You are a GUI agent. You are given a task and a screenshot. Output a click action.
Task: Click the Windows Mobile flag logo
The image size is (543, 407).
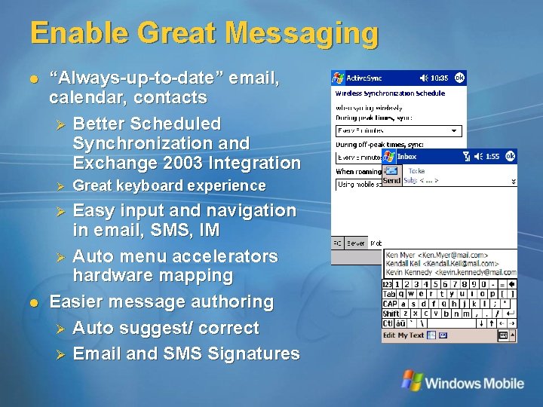(411, 380)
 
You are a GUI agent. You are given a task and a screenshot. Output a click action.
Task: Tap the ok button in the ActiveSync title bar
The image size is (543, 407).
(459, 77)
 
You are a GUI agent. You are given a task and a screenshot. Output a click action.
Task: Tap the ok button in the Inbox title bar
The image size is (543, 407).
(510, 156)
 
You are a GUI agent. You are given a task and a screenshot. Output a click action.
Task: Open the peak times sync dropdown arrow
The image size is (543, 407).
(453, 130)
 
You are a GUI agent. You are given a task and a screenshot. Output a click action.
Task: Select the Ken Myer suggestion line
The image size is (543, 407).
(436, 255)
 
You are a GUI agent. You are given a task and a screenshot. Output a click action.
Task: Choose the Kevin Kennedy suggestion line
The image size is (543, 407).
(450, 273)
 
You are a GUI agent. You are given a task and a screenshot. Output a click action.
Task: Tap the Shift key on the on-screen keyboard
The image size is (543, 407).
(391, 314)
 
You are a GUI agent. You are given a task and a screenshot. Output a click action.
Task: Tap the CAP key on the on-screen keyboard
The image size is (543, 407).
(390, 304)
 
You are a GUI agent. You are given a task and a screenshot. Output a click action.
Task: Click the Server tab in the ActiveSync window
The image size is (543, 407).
(356, 243)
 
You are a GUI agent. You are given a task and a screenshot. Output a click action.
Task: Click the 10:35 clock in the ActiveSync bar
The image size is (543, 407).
(438, 78)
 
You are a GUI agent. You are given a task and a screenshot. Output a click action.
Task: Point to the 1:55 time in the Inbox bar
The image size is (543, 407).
(492, 157)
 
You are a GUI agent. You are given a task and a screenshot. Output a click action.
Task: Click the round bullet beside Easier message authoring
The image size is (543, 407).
(33, 302)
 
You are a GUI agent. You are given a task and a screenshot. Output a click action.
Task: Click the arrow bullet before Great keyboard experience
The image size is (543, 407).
(62, 185)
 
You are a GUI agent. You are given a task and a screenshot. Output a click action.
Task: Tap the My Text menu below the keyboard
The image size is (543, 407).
(411, 335)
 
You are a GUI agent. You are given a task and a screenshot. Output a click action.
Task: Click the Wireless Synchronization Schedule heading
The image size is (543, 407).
(390, 93)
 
